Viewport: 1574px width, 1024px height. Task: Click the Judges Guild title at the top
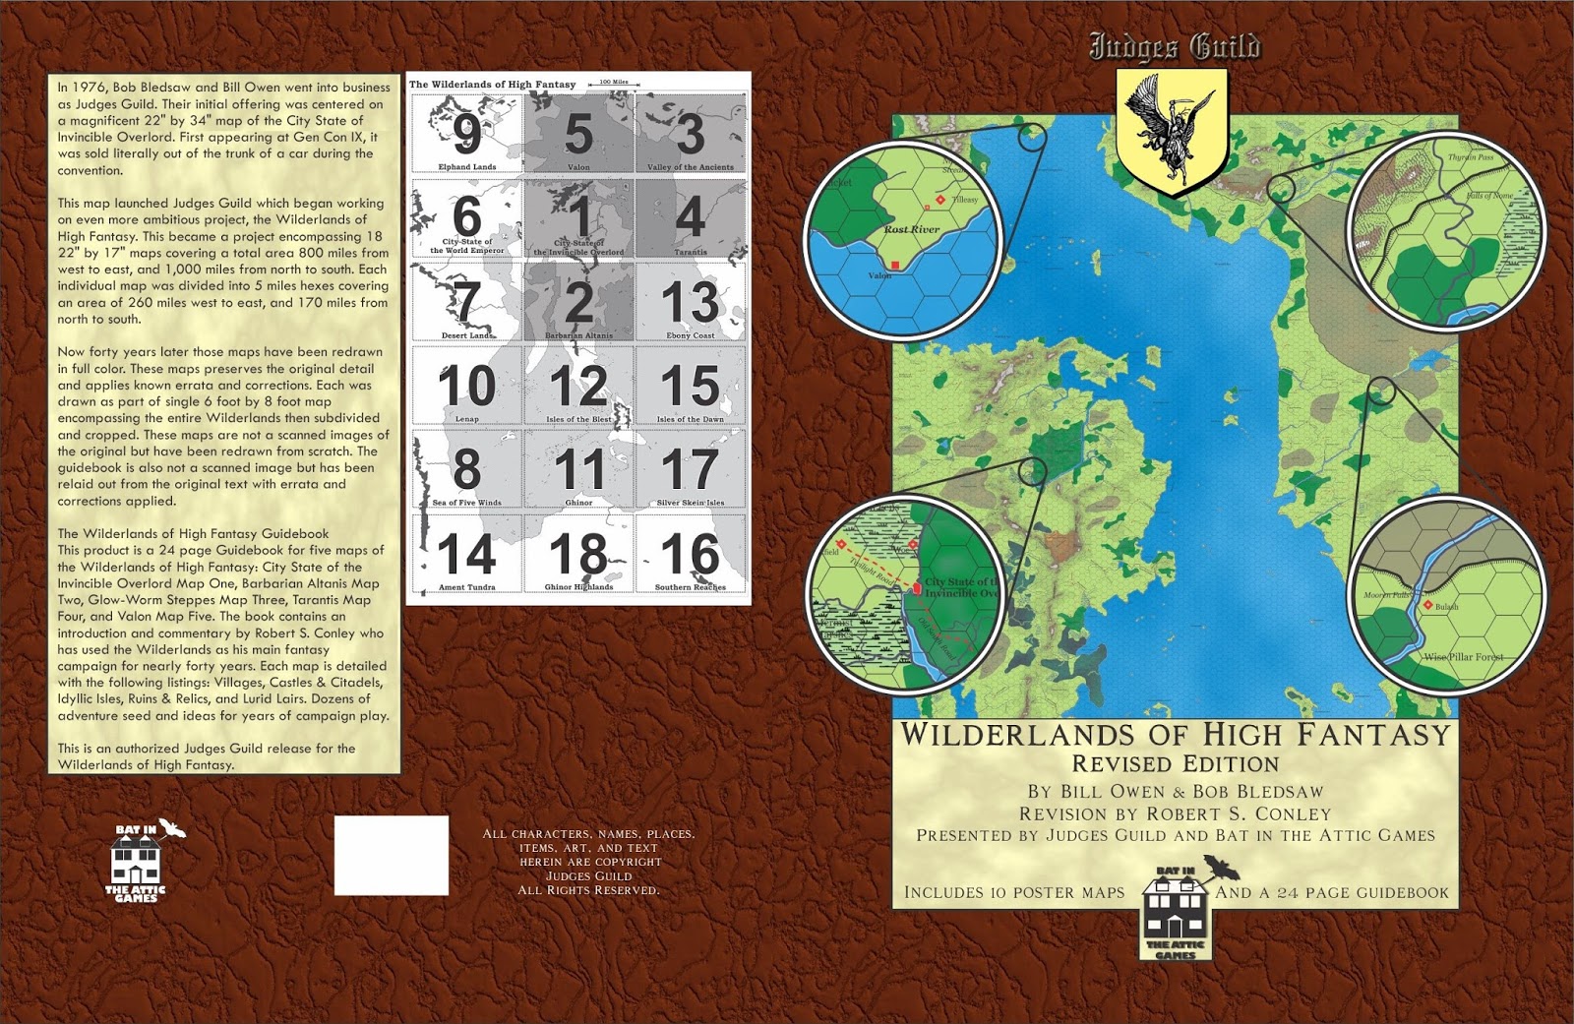point(1174,46)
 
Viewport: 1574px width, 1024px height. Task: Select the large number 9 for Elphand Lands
point(466,135)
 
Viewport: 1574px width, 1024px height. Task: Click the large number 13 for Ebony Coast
point(690,302)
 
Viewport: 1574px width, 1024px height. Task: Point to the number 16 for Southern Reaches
point(690,555)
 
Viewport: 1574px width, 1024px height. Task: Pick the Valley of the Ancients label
point(690,167)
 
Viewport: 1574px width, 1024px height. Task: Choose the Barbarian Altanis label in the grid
point(578,335)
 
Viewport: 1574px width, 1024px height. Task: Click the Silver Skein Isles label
point(690,503)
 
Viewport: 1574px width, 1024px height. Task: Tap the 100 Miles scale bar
point(613,83)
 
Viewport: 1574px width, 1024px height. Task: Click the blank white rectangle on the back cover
point(391,855)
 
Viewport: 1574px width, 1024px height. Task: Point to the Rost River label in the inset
point(911,229)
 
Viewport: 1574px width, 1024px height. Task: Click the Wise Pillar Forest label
point(1464,656)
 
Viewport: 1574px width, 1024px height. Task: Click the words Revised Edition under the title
point(1175,764)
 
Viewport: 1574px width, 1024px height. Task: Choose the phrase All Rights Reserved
point(588,890)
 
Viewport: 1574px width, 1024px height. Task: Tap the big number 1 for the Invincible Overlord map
point(580,217)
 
